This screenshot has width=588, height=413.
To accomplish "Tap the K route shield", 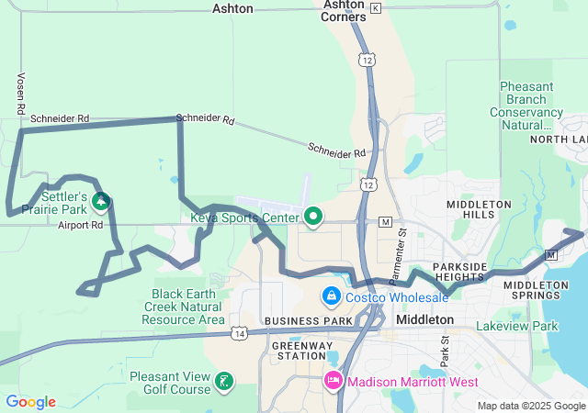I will (376, 7).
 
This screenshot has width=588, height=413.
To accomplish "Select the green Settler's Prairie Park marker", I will (101, 200).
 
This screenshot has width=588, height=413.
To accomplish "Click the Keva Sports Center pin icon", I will (314, 217).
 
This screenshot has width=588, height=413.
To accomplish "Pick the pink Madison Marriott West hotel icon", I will (333, 380).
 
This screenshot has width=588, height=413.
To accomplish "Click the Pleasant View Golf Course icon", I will (223, 380).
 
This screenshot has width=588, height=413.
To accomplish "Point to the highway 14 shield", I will (239, 332).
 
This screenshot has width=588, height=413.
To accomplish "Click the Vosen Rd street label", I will (20, 95).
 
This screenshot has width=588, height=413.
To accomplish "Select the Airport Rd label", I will (80, 225).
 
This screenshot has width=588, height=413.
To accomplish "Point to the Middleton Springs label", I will (537, 291).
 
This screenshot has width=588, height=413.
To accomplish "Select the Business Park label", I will (309, 320).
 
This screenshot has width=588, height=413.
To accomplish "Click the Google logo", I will (30, 402).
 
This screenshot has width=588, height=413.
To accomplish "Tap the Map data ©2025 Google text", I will (530, 406).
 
